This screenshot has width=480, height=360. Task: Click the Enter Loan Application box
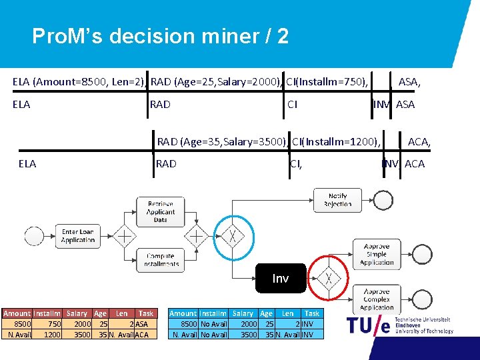[79, 236]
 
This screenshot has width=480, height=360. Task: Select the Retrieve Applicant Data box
[161, 211]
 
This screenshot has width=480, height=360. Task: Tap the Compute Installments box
[161, 259]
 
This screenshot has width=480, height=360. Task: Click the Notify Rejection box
[337, 200]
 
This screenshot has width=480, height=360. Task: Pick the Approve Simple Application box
[377, 254]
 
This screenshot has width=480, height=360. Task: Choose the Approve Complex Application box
[377, 299]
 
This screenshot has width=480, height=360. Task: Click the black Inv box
[281, 278]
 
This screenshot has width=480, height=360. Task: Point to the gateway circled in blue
[233, 236]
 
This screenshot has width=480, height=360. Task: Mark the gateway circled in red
[328, 278]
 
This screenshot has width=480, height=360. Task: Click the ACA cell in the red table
[142, 334]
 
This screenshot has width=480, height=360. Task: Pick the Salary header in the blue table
[243, 313]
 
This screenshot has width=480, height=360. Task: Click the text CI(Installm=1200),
[336, 141]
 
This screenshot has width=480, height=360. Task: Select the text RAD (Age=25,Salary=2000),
[216, 82]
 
